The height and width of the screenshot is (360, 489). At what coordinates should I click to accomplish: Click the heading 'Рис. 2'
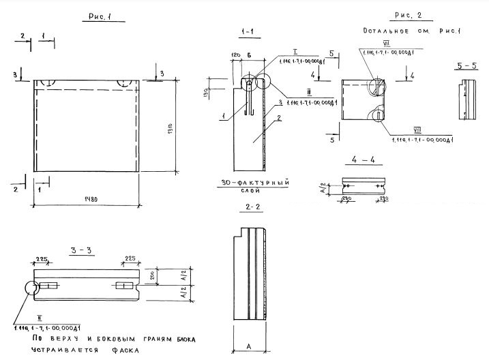(x=408, y=15)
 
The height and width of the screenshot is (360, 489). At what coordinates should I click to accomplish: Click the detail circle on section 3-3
(x=33, y=289)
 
